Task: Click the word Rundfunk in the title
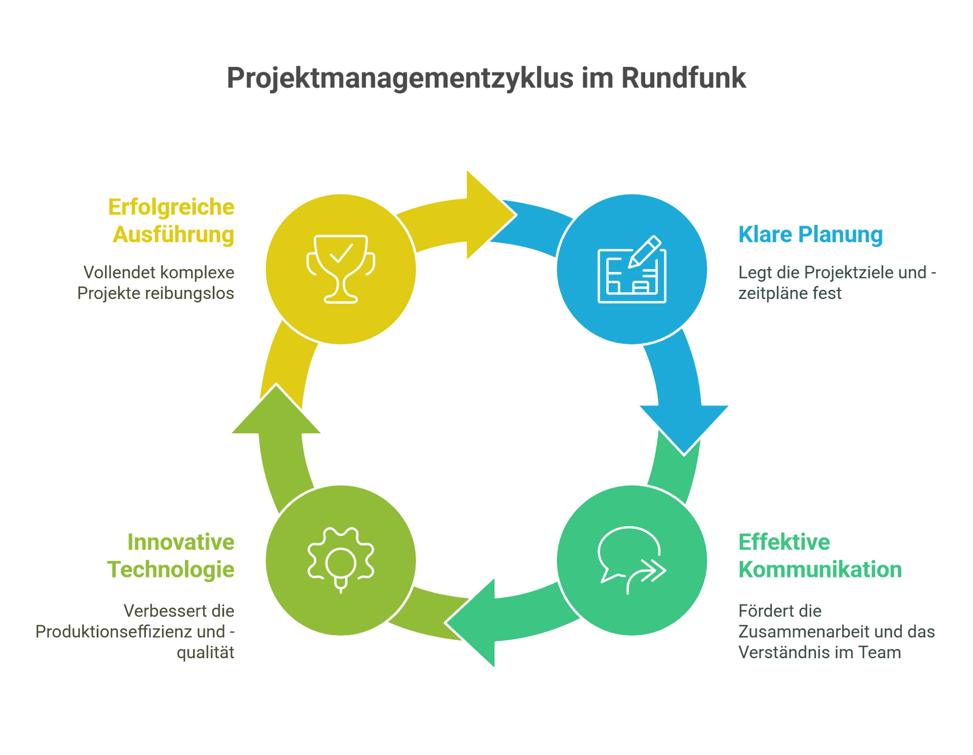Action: pyautogui.click(x=684, y=78)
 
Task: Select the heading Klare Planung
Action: pyautogui.click(x=810, y=234)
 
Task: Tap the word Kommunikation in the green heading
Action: pyautogui.click(x=820, y=570)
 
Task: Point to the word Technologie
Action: pyautogui.click(x=171, y=570)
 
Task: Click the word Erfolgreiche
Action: pyautogui.click(x=171, y=207)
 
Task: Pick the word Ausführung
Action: pyautogui.click(x=174, y=235)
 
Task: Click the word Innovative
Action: pyautogui.click(x=181, y=542)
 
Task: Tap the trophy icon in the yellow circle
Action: pyautogui.click(x=341, y=269)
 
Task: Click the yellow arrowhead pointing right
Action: pyautogui.click(x=486, y=215)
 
